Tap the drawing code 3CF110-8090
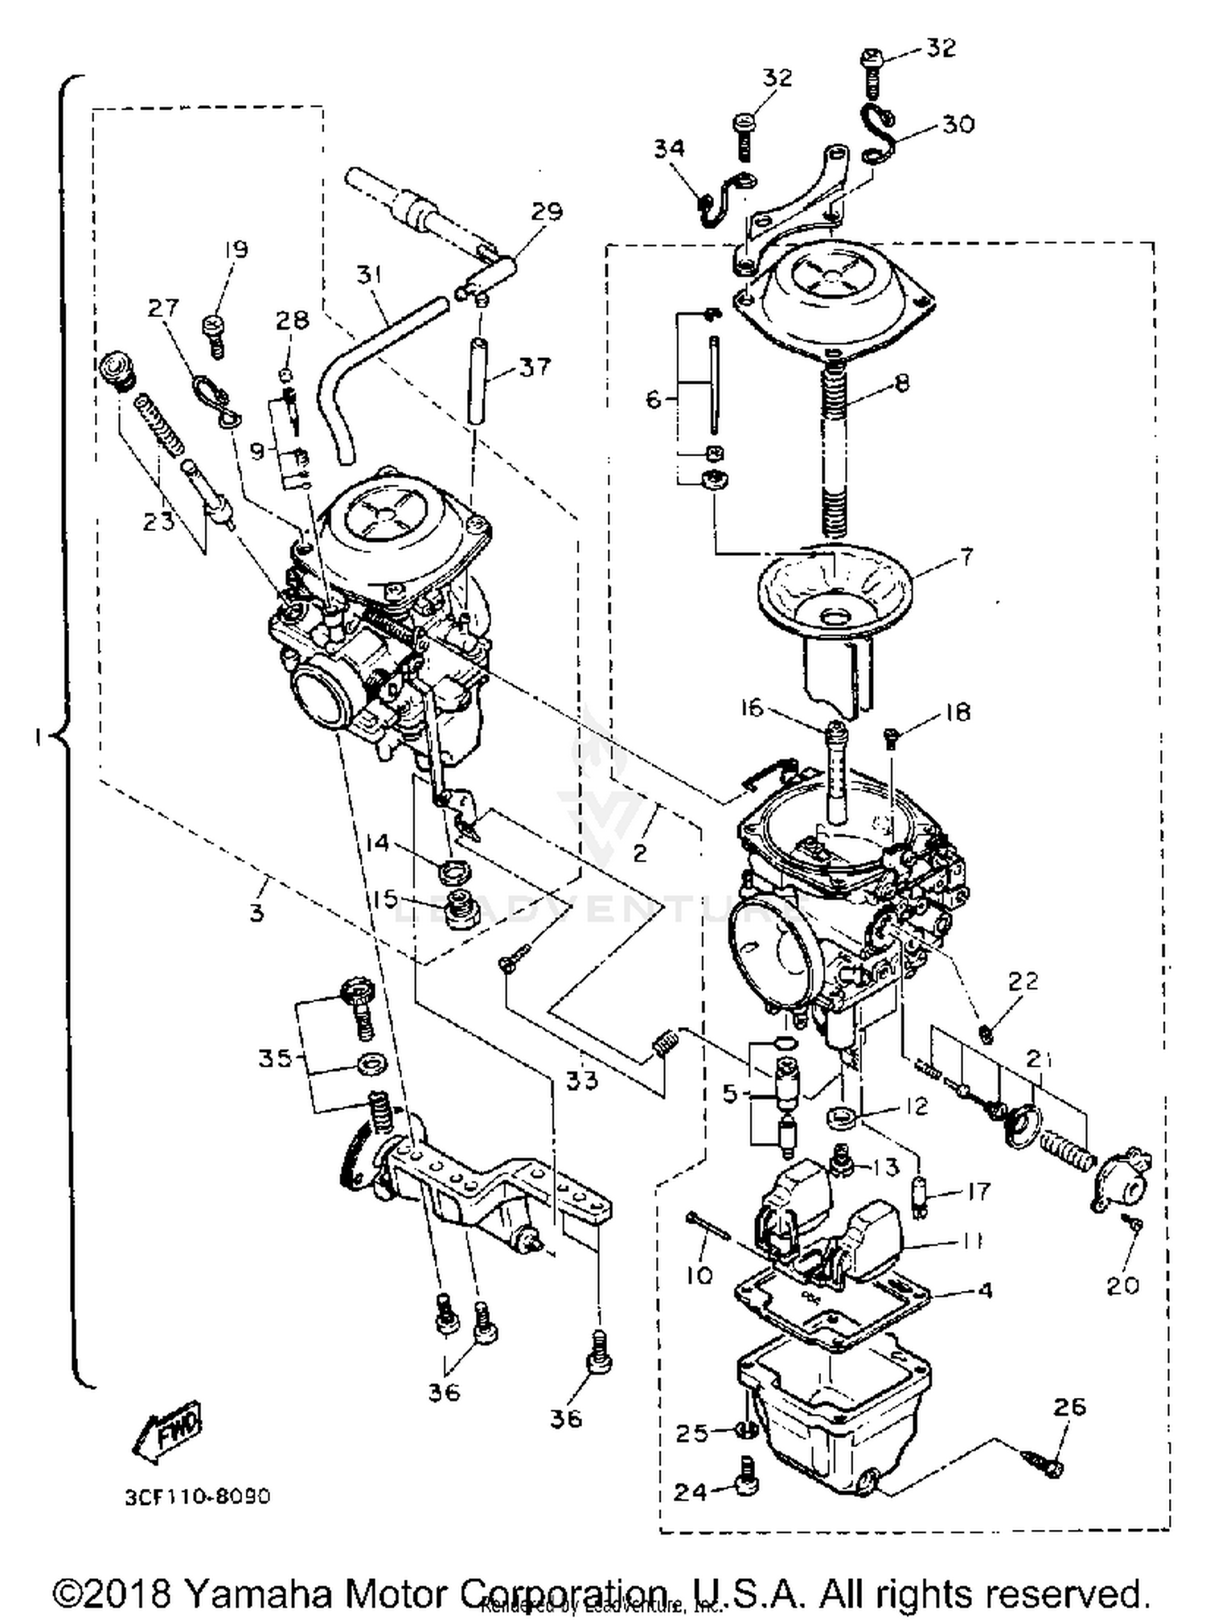click(x=197, y=1497)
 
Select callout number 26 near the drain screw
click(x=1069, y=1406)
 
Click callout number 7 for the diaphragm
click(x=966, y=557)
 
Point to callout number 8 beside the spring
click(x=902, y=383)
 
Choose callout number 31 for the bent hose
click(x=368, y=275)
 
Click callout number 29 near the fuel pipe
click(x=547, y=212)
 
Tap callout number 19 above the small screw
click(x=236, y=249)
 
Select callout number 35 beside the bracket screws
click(x=275, y=1059)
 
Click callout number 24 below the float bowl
click(x=690, y=1492)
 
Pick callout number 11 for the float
click(x=973, y=1241)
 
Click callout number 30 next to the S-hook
click(x=958, y=124)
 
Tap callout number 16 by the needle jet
click(x=752, y=708)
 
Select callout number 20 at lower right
click(x=1122, y=1285)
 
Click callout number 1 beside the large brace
click(x=37, y=737)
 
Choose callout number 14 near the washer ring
click(x=376, y=843)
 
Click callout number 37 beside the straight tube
click(x=535, y=367)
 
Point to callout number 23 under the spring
click(x=158, y=520)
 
